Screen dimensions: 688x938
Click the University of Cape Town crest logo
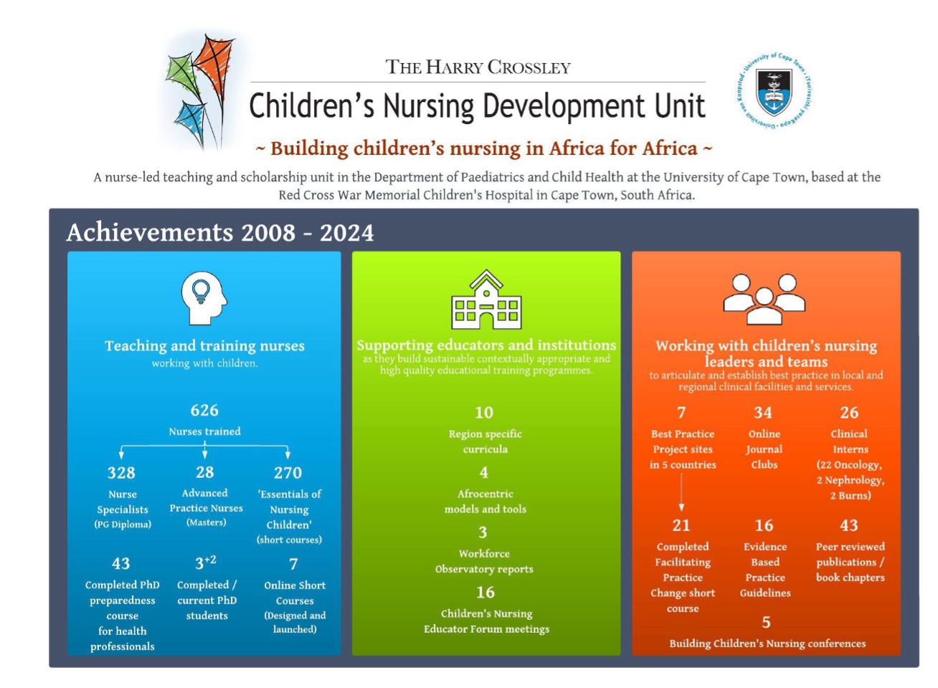[x=774, y=92]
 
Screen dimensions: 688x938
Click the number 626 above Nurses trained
[x=204, y=411]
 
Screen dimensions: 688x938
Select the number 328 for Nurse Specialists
[x=121, y=473]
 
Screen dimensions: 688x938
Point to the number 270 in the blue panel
[x=288, y=473]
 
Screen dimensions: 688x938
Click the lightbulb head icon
[x=203, y=297]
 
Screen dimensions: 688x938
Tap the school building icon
[x=486, y=300]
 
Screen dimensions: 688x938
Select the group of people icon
[x=764, y=299]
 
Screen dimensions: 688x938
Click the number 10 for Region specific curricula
[x=484, y=413]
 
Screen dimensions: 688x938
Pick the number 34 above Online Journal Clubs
[x=763, y=413]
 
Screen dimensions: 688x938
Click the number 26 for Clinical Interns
[x=849, y=413]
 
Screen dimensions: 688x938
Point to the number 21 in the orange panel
[x=681, y=526]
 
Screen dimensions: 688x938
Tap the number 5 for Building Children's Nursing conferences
[x=767, y=622]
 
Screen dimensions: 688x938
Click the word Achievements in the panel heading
[x=150, y=233]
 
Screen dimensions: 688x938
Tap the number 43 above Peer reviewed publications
[x=849, y=526]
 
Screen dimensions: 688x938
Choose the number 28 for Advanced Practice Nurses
[x=205, y=472]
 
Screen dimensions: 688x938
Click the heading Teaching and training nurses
[x=204, y=346]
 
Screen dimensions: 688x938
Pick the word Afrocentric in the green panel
[x=485, y=494]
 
